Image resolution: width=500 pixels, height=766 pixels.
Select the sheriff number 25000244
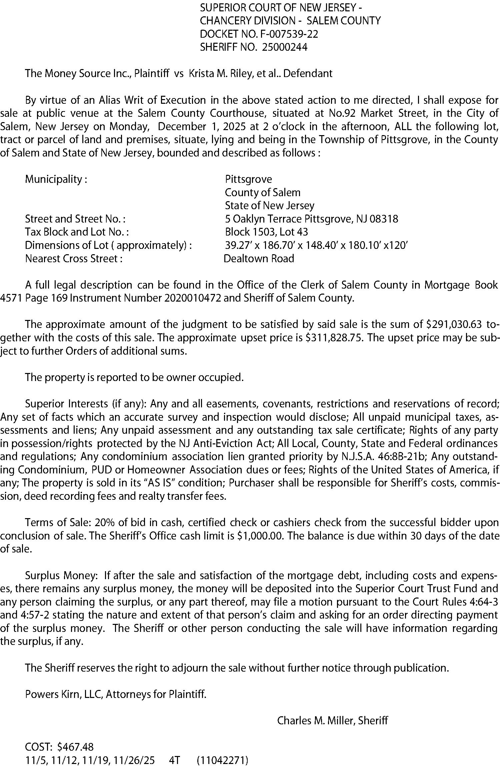[285, 47]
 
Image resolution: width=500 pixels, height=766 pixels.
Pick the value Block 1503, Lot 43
[266, 232]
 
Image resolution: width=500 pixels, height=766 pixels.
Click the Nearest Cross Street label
[74, 259]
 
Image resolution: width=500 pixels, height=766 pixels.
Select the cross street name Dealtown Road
[259, 259]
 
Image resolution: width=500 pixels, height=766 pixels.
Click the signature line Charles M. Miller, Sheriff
[332, 721]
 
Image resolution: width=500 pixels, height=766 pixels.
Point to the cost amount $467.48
[75, 747]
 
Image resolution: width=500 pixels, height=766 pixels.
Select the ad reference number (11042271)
[223, 760]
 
